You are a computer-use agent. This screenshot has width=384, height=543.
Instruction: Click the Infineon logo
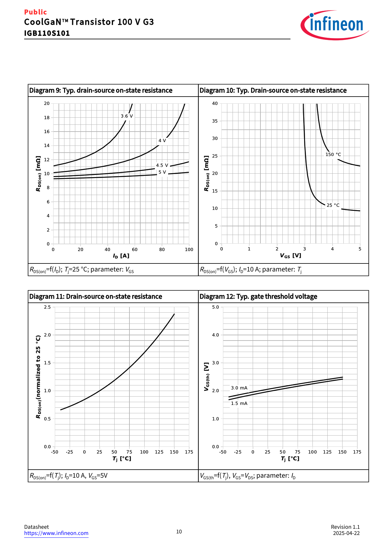334,25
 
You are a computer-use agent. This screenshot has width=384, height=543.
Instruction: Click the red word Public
35,12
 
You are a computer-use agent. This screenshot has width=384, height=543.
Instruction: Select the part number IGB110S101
47,33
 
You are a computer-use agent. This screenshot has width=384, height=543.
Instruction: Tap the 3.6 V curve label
127,116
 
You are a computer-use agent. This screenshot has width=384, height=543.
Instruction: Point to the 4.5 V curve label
162,165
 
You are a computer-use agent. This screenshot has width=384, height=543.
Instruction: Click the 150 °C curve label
333,154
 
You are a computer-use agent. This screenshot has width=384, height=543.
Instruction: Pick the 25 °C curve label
333,205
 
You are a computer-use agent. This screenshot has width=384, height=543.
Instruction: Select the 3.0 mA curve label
239,388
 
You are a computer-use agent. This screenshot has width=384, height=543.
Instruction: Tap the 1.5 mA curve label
239,403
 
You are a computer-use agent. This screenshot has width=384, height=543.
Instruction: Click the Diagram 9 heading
101,90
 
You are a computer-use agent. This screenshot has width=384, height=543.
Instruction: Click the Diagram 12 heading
258,297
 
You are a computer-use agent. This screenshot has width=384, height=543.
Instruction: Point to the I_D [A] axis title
121,256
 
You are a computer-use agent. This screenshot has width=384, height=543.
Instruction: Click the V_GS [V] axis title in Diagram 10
290,256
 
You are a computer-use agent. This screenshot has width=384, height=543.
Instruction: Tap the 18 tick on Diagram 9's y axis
47,118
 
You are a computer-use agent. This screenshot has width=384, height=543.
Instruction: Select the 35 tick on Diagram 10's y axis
215,121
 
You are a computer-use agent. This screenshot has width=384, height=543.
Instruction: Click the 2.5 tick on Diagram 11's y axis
47,307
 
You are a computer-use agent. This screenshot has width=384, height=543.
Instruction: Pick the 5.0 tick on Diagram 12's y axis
216,307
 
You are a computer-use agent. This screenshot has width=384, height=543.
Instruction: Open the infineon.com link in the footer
56,533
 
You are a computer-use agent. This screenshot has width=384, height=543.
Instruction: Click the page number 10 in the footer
179,532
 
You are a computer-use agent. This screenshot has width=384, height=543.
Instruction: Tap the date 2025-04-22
346,533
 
